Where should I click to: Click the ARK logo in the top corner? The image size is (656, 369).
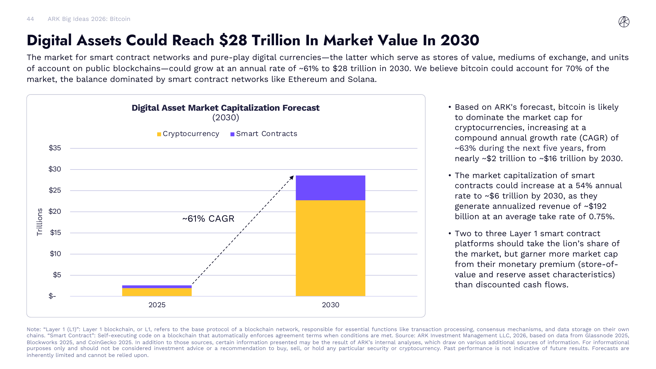pos(624,22)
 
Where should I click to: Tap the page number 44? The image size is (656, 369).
pos(30,19)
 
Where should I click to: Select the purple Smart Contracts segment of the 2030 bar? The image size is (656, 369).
pos(330,188)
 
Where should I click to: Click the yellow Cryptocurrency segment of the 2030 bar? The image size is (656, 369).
pos(330,248)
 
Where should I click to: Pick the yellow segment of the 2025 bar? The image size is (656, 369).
pos(157,292)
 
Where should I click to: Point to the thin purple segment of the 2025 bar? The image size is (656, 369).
pos(157,287)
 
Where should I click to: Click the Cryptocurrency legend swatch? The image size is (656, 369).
pos(159,134)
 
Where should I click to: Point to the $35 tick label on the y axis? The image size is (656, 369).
pos(55,148)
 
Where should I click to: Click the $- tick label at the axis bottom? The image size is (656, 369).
pos(52,296)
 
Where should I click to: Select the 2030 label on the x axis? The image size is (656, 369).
pos(330,305)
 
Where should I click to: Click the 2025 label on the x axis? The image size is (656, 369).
pos(157,305)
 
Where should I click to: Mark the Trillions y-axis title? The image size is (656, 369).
pos(39,222)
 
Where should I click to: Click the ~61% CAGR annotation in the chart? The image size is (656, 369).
pos(208,218)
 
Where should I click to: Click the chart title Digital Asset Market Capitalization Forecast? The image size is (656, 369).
pos(225,108)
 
